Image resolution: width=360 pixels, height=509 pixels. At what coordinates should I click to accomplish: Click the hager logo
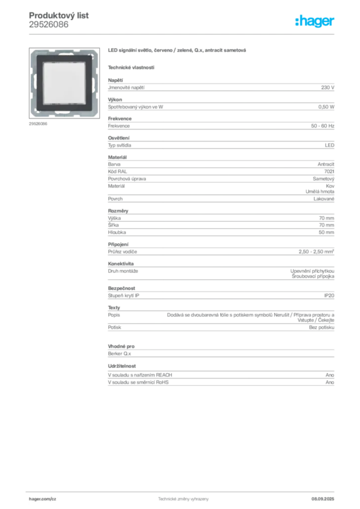coord(315,21)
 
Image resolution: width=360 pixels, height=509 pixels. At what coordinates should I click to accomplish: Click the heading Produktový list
coord(59,15)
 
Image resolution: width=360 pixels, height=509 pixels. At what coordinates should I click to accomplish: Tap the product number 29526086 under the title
coord(49,25)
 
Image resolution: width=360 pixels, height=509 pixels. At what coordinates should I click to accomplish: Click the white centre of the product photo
coord(64,83)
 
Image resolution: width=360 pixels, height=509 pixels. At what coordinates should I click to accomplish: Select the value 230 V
coord(328,87)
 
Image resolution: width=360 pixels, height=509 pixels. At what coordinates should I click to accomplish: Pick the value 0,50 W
coord(326,107)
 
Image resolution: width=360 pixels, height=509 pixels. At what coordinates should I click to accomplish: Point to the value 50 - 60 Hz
coord(322,126)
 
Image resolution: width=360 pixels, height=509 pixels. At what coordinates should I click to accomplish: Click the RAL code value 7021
coord(329,171)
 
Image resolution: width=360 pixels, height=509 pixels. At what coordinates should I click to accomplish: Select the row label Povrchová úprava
coord(127,179)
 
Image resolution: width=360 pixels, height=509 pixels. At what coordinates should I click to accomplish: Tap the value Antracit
coord(326,164)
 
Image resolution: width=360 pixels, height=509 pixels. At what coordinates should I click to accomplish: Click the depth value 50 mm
coord(326,233)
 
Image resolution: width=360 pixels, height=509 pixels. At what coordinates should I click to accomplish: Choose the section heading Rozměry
coord(118,211)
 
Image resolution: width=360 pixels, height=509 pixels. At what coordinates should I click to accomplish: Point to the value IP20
coord(329,296)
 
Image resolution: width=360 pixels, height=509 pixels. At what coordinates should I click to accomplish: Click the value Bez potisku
coord(321,328)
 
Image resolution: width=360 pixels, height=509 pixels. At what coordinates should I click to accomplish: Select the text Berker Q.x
coord(119,354)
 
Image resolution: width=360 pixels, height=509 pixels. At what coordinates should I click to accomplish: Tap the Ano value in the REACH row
coord(330,375)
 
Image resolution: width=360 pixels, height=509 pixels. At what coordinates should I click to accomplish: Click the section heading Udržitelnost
coord(122,366)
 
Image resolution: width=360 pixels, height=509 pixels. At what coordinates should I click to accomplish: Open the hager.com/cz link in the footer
coord(43,499)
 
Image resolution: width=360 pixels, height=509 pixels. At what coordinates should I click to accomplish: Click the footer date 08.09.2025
coord(323,499)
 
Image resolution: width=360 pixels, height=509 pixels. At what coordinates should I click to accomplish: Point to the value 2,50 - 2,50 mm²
coord(317,252)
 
